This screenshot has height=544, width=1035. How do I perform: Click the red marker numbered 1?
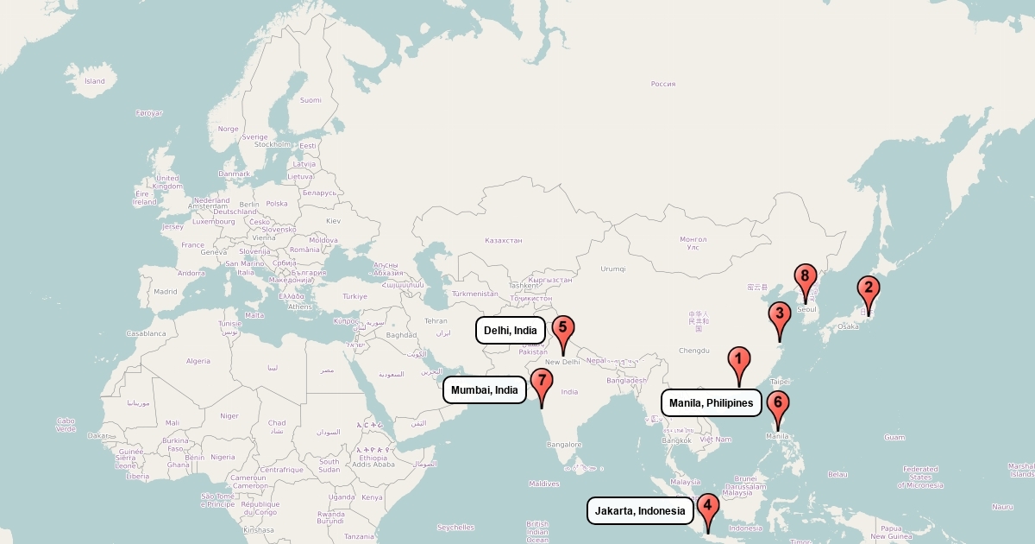738,359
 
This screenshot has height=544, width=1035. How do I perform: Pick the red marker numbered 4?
707,507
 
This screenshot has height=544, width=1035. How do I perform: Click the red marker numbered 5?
562,329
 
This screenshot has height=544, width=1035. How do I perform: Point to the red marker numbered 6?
777,404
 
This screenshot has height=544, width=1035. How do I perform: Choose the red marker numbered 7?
541,381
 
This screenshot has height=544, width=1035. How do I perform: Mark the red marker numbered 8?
805,277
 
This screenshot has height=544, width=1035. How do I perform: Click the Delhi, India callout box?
511,330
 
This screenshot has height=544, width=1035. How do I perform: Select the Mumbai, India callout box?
485,390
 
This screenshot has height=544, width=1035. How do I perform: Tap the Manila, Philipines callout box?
712,403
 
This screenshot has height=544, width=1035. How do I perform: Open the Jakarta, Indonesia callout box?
640,511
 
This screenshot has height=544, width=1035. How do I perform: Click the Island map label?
95,81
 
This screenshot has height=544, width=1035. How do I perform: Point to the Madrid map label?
165,291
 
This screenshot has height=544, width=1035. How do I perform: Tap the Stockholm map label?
273,144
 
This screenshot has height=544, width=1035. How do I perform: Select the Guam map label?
894,437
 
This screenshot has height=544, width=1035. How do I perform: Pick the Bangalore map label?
564,445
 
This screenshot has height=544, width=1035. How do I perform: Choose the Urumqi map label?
612,268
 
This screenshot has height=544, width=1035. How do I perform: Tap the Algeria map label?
198,361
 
